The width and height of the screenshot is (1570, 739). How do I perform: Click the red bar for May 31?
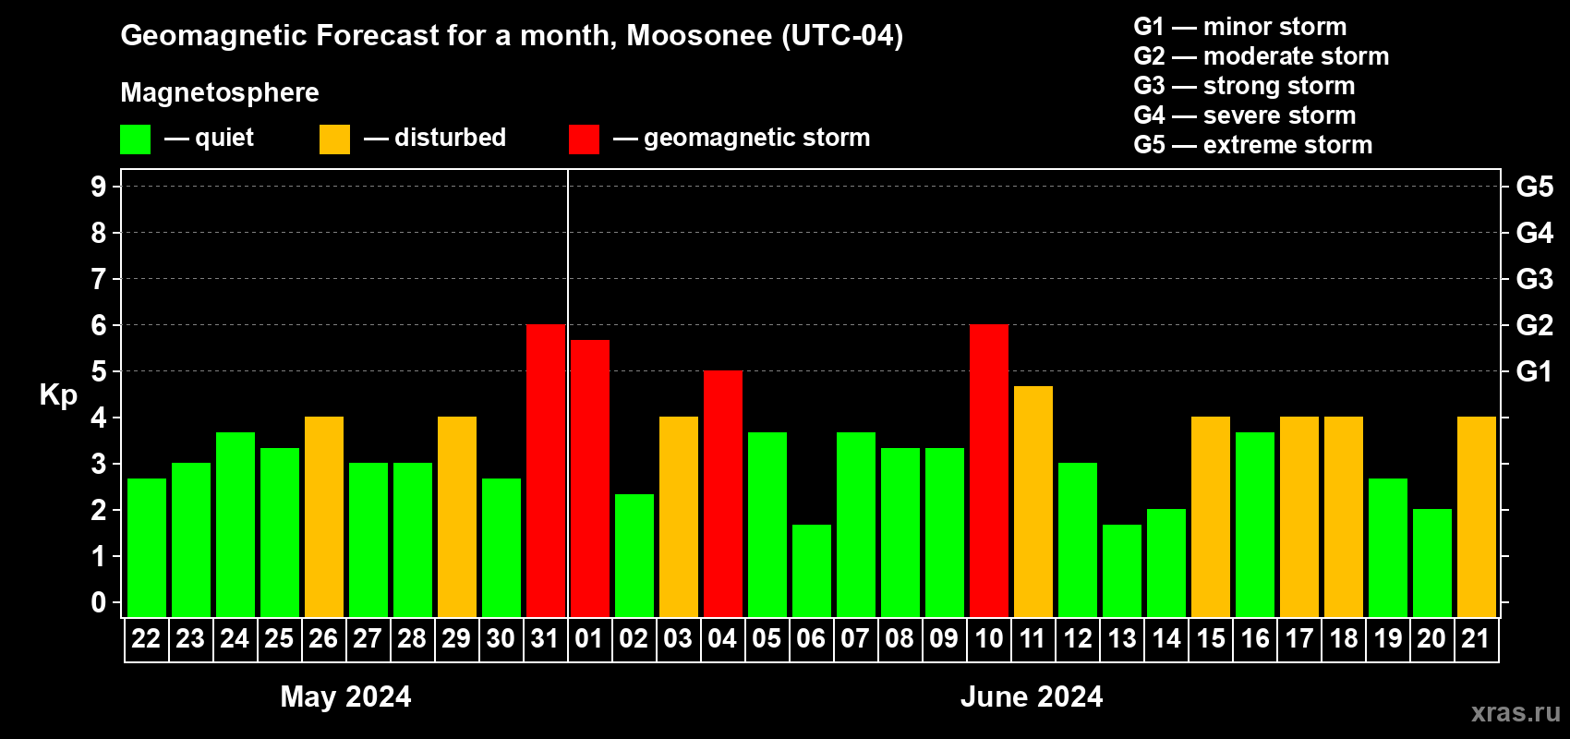point(546,470)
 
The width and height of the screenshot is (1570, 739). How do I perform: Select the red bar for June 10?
point(989,470)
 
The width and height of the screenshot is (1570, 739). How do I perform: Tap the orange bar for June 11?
point(1033,502)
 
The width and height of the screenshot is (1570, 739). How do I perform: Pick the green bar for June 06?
point(812,571)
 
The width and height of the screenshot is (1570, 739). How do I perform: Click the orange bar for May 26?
point(324,516)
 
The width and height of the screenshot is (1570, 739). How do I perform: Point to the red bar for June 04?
point(723,493)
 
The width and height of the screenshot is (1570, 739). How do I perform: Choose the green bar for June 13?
point(1122,571)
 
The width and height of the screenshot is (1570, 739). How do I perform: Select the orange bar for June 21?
point(1477,516)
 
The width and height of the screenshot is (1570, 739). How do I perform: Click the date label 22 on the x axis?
point(146,638)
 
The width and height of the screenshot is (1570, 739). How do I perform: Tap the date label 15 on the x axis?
point(1211,638)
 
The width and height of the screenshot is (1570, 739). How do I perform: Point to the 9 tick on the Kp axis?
point(99,187)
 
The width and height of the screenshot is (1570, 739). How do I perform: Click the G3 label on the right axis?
point(1534,279)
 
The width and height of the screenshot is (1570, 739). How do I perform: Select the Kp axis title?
point(58,394)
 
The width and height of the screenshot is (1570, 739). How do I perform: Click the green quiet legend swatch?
point(135,139)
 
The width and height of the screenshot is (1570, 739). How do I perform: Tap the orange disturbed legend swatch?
point(334,139)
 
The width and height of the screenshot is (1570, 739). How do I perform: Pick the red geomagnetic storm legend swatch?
point(584,139)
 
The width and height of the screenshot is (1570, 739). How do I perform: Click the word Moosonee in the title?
point(699,35)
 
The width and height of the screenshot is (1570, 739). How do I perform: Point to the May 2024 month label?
point(345,697)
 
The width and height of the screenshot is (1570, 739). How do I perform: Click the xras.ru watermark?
point(1516,712)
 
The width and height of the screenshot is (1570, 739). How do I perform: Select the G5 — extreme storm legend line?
point(1252,145)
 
